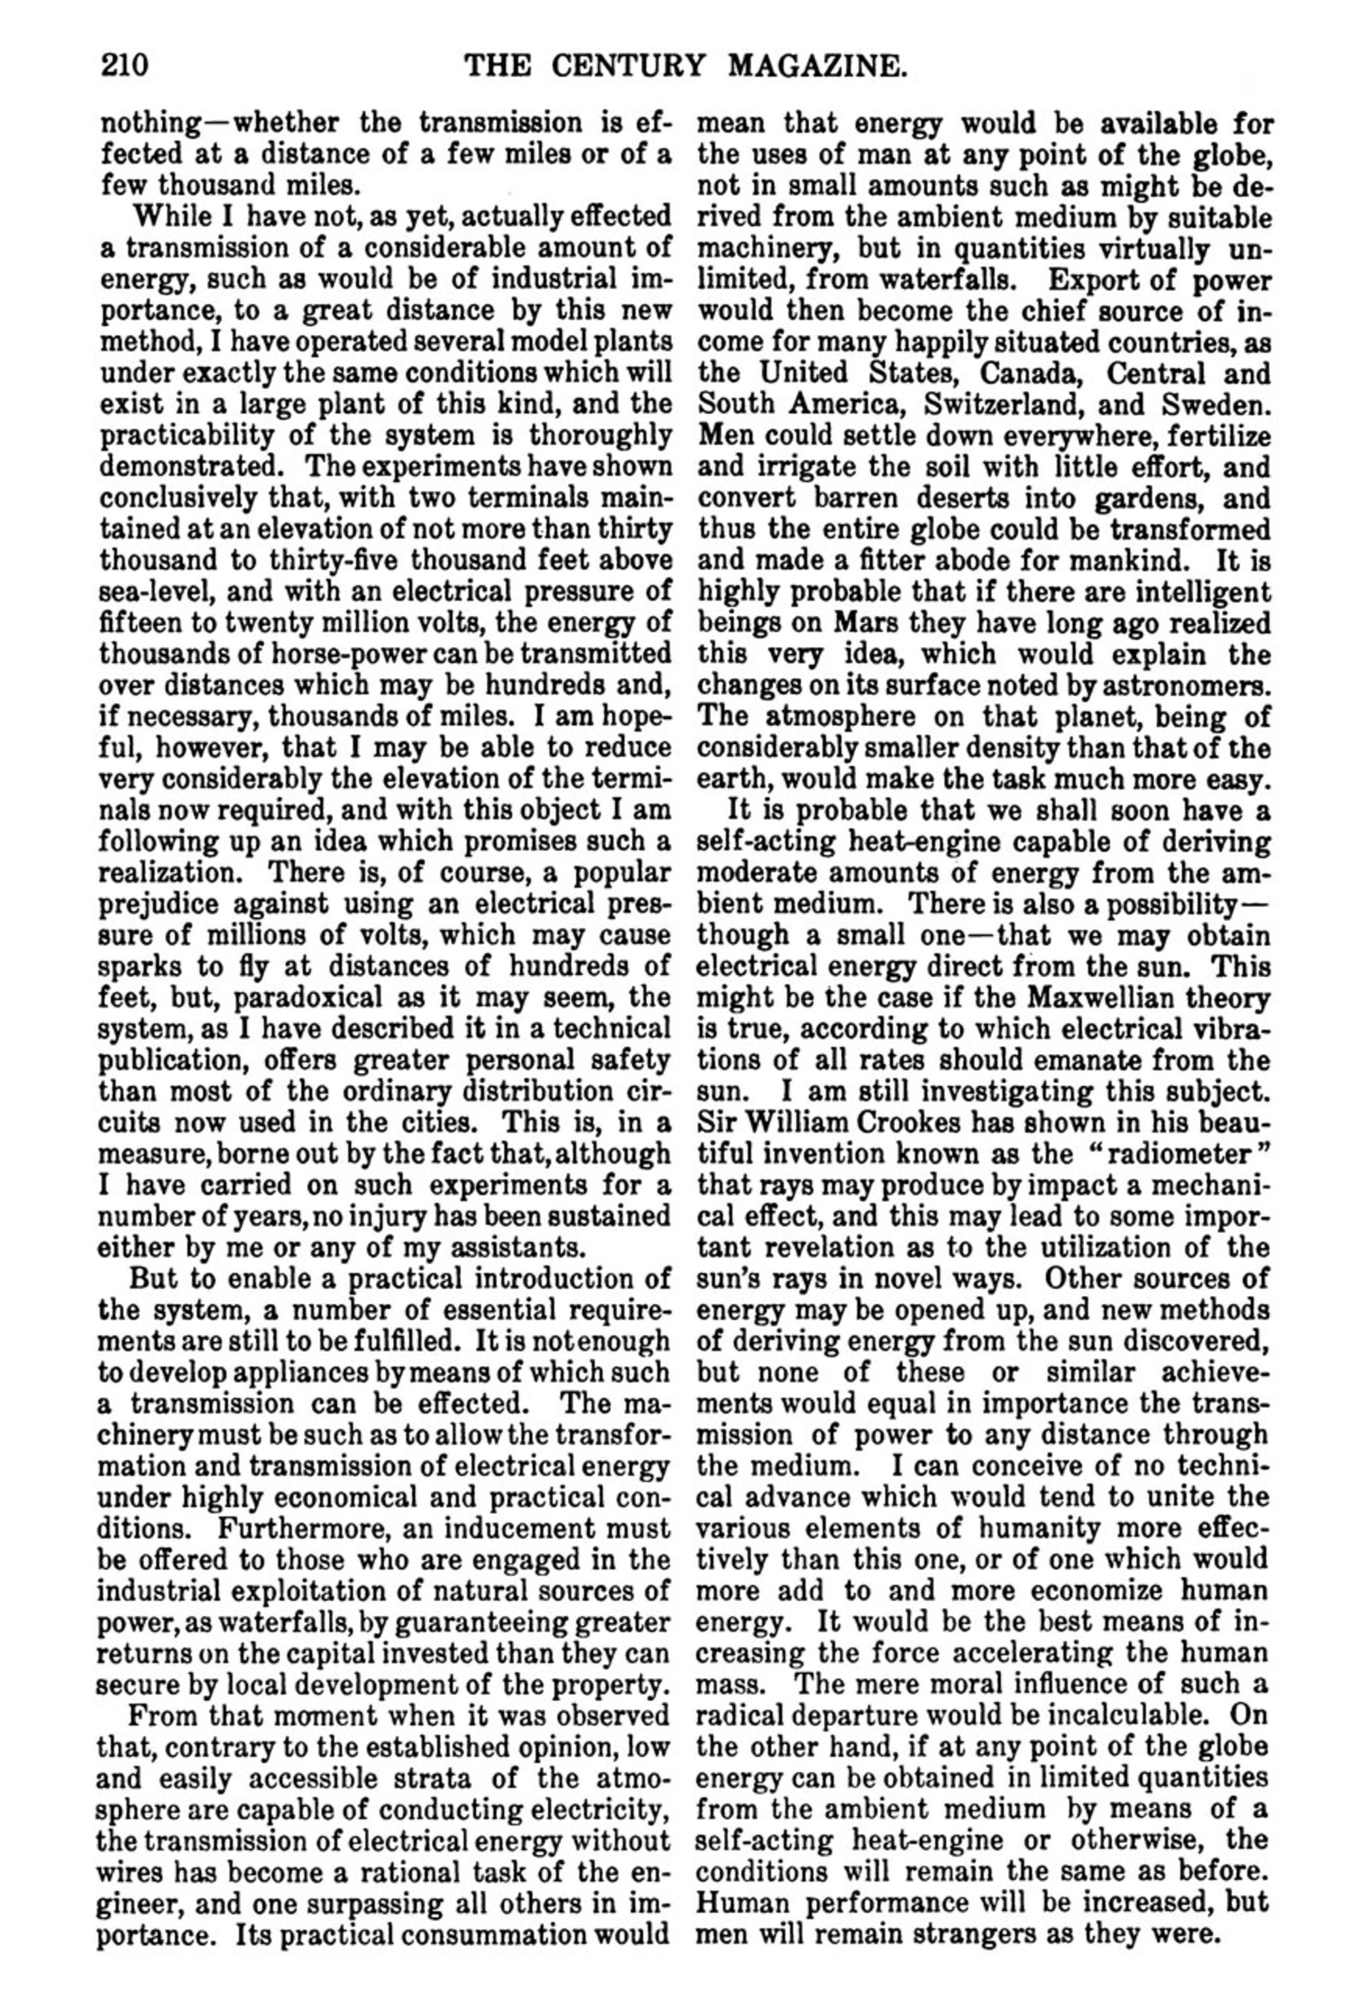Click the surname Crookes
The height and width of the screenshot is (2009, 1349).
(918, 1123)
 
